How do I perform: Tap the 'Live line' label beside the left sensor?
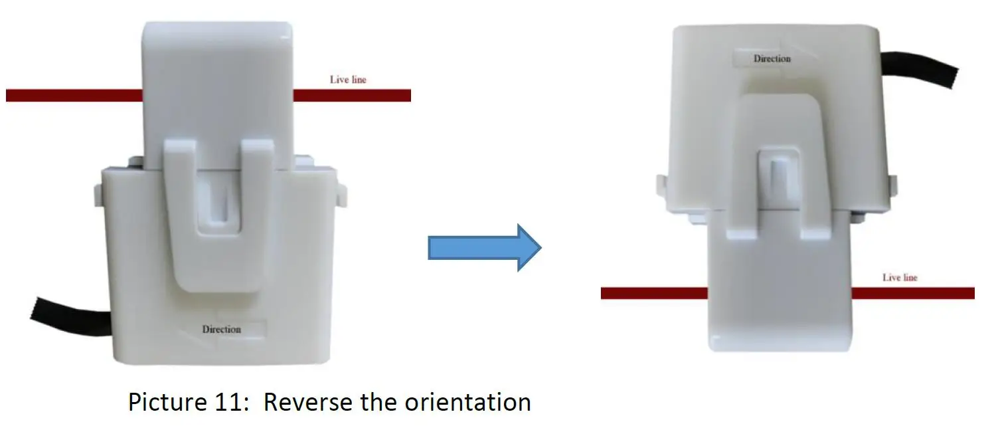point(348,80)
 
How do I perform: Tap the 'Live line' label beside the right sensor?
point(900,277)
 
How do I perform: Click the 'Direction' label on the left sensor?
point(222,329)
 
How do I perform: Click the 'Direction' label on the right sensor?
point(772,58)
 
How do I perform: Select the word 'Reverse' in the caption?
point(308,402)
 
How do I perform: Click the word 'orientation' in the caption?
point(471,402)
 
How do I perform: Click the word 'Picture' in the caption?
point(169,402)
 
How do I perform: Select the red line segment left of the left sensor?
point(74,96)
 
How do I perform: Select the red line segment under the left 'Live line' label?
point(352,96)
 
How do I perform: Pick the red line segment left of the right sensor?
point(654,293)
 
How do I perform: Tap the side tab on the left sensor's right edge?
point(343,193)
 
